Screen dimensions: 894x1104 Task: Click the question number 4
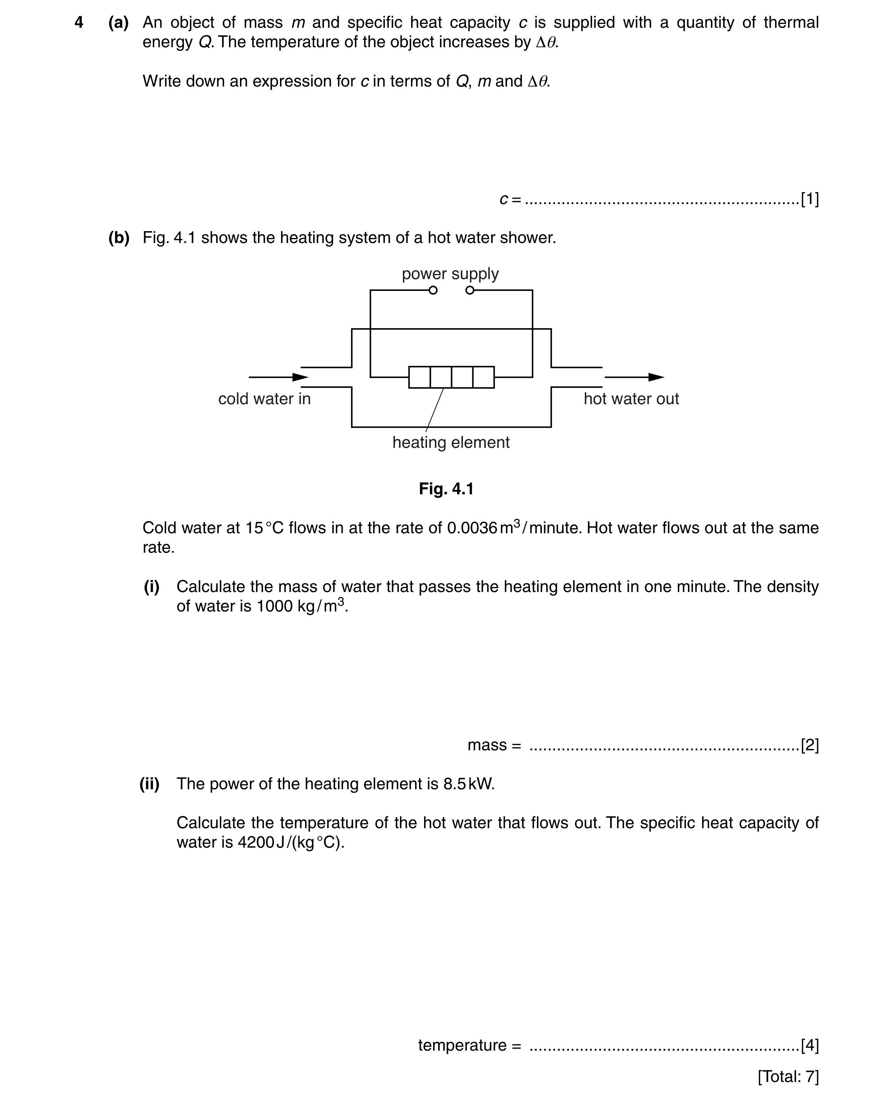click(x=79, y=23)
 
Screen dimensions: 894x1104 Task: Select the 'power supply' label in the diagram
click(x=450, y=274)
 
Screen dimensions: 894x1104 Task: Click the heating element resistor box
click(x=452, y=377)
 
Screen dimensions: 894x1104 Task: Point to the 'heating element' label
click(x=451, y=442)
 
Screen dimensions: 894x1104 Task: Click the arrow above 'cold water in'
click(x=279, y=377)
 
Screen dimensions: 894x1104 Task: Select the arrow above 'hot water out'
click(x=635, y=377)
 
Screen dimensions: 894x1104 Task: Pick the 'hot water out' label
click(x=631, y=399)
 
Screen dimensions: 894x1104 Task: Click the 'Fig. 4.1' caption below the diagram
click(x=446, y=489)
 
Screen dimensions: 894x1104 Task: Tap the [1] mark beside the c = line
click(x=810, y=199)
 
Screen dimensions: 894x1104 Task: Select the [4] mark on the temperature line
click(x=810, y=1045)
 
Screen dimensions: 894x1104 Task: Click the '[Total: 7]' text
click(x=788, y=1076)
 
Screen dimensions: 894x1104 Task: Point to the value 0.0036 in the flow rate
click(x=472, y=528)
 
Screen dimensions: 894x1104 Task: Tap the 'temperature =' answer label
click(x=470, y=1045)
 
